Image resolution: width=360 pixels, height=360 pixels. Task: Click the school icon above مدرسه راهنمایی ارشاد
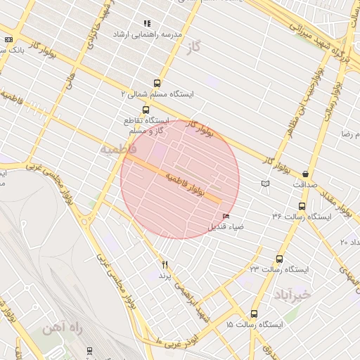pos(147,23)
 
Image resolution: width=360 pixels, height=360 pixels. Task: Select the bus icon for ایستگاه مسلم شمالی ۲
pos(156,82)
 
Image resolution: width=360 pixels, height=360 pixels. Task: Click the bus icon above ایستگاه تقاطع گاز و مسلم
pos(146,110)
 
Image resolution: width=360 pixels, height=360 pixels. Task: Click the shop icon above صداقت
pos(306,174)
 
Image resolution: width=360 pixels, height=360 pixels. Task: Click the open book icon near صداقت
pos(264,184)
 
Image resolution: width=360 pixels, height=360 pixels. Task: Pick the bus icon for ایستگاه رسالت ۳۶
pos(302,206)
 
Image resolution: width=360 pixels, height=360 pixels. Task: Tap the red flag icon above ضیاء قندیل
pos(226,216)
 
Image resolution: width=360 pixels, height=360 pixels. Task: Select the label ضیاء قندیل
pos(225,227)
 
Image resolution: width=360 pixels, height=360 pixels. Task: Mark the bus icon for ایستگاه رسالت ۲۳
pos(280,259)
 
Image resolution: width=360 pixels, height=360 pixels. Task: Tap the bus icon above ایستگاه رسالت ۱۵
pos(253,314)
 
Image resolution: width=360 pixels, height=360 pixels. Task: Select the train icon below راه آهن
pos(89,349)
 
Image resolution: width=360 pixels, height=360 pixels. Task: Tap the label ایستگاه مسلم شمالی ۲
pos(157,93)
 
